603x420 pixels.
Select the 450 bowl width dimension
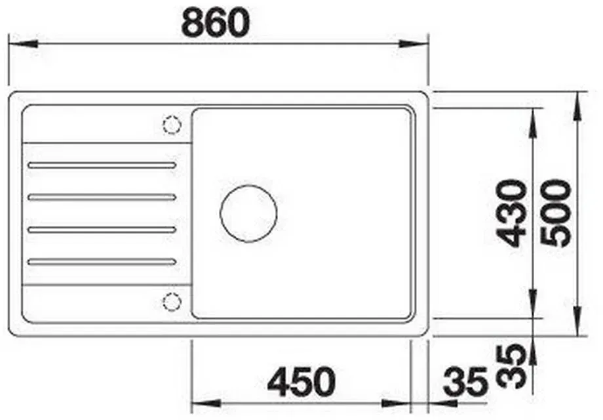point(301,381)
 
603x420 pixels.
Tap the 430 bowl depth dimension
point(511,213)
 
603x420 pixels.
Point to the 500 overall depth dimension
point(556,213)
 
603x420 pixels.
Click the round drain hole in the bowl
point(248,214)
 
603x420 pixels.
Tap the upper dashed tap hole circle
point(172,125)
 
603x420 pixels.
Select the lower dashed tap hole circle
point(172,301)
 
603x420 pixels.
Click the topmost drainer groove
point(102,165)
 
